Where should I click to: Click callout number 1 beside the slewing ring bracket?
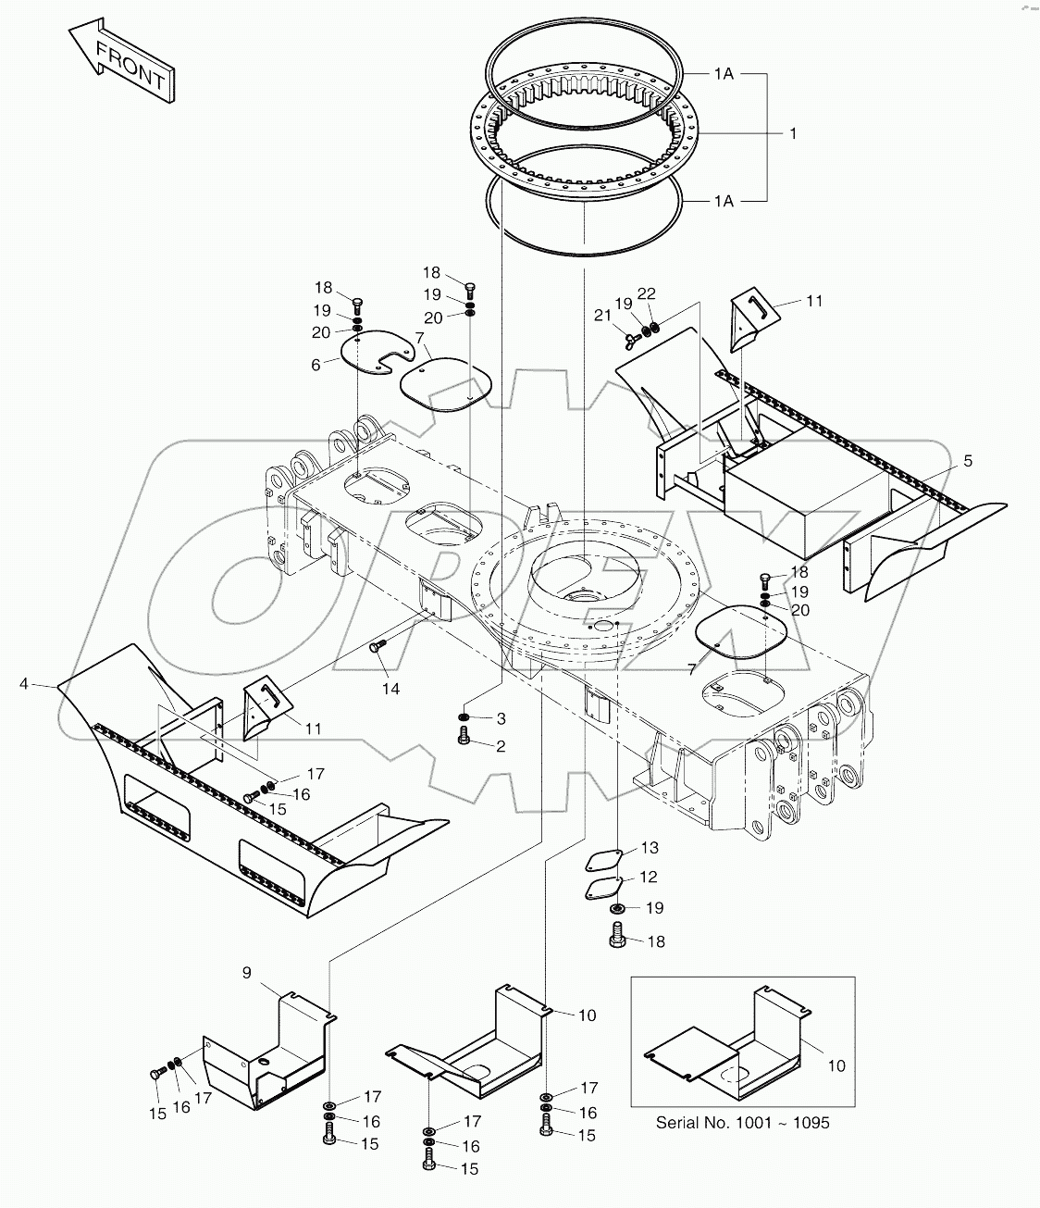click(792, 133)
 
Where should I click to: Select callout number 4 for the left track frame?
click(23, 684)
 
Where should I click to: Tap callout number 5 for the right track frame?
click(967, 460)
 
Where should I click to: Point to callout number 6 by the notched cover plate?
click(316, 366)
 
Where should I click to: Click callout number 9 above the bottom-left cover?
click(246, 972)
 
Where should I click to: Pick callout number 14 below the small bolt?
click(391, 689)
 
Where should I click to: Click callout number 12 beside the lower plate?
click(648, 877)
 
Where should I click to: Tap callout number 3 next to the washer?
click(501, 718)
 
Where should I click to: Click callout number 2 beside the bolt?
click(501, 746)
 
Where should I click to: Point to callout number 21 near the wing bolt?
click(603, 316)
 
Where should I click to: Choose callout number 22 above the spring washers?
click(647, 293)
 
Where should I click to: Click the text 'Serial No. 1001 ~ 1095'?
click(742, 1122)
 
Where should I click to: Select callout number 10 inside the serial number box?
click(836, 1065)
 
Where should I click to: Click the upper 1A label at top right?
click(724, 73)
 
